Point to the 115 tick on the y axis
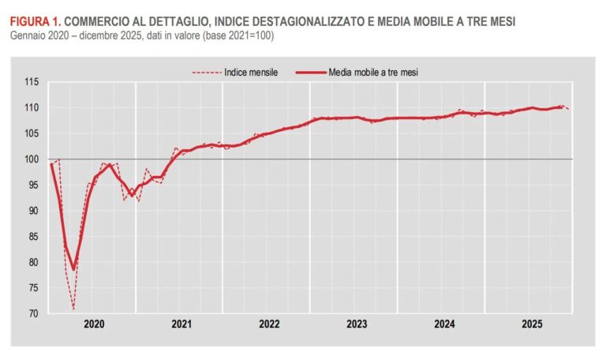coord(32,81)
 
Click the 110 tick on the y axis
coord(32,107)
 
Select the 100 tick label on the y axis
coord(32,159)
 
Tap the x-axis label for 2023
coord(356,324)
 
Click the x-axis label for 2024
coord(443,324)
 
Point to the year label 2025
coord(531,324)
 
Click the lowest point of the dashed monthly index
coord(73,309)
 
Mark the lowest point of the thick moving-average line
coord(73,269)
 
